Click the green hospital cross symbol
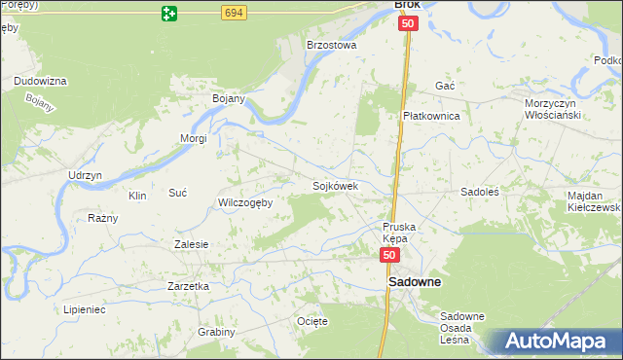pos(170,13)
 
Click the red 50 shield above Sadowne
pos(389,255)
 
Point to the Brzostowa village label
pos(332,45)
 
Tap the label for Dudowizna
pos(39,81)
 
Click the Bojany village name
pos(228,98)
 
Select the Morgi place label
pos(193,138)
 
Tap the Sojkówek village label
pos(336,185)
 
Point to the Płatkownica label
pos(431,115)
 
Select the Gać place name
pos(445,86)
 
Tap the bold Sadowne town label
pos(415,282)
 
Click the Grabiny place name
pos(216,332)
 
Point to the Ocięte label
pos(311,320)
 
